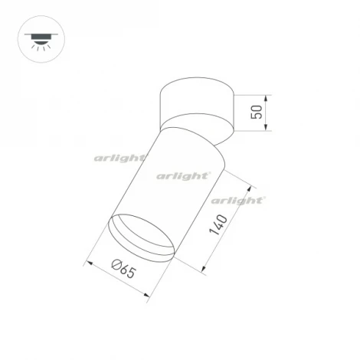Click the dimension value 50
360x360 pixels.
(257, 115)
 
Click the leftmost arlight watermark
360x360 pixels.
(120, 158)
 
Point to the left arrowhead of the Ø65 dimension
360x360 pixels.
(89, 263)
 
